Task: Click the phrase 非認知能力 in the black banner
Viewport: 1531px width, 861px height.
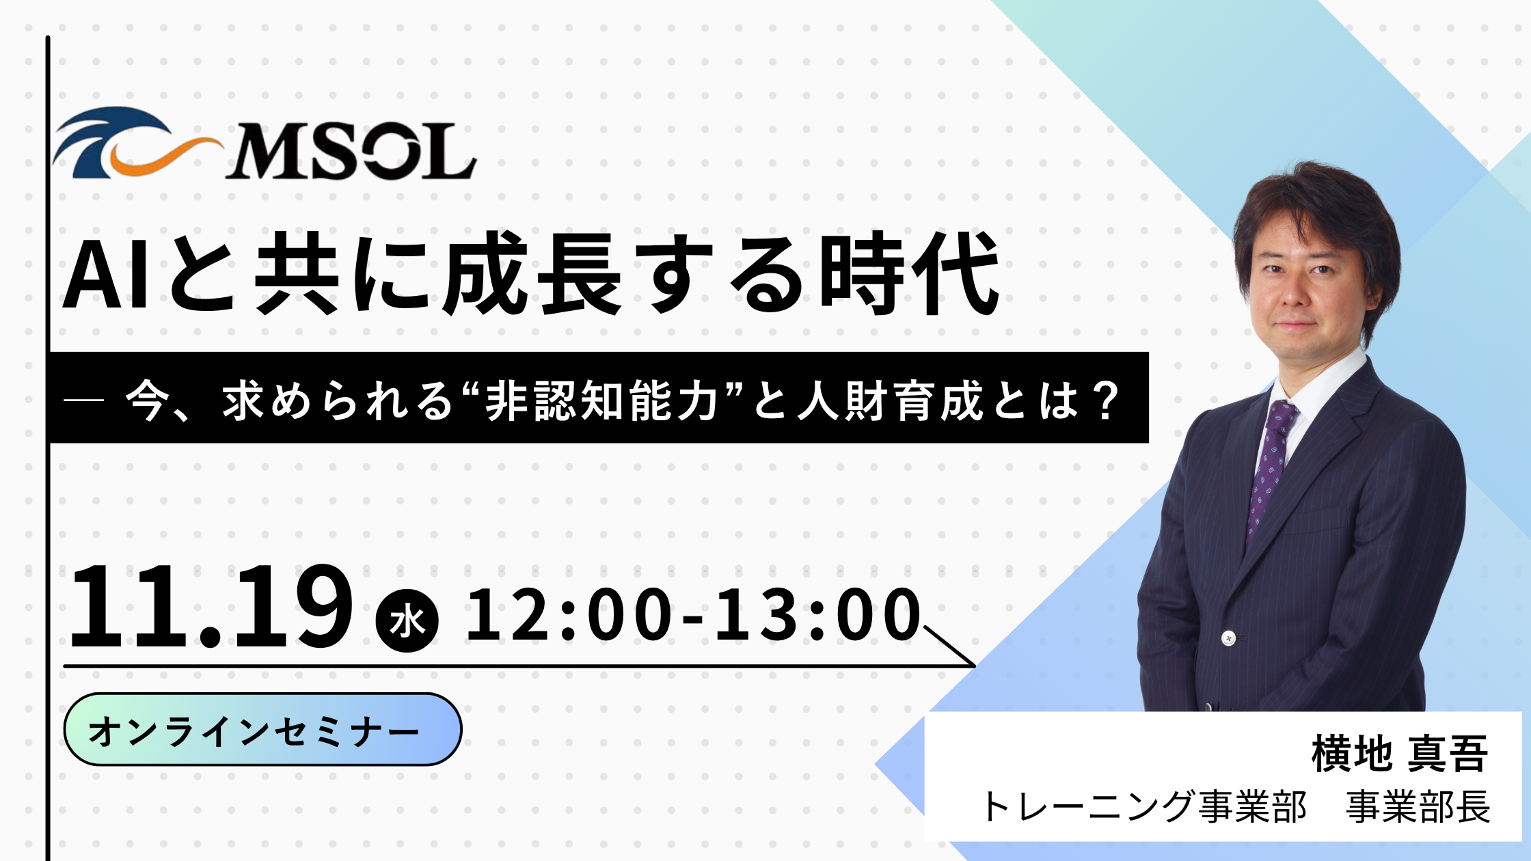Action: pyautogui.click(x=601, y=400)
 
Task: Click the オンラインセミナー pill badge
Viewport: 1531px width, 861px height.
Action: pyautogui.click(x=262, y=730)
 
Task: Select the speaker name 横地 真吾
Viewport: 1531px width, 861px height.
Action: pyautogui.click(x=1399, y=754)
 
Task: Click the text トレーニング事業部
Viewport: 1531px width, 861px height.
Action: pyautogui.click(x=1143, y=806)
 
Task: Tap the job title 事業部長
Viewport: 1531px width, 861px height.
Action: pyautogui.click(x=1418, y=806)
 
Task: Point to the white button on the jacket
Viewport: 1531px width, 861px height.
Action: pyautogui.click(x=1229, y=638)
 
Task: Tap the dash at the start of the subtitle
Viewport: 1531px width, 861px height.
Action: pyautogui.click(x=83, y=402)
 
